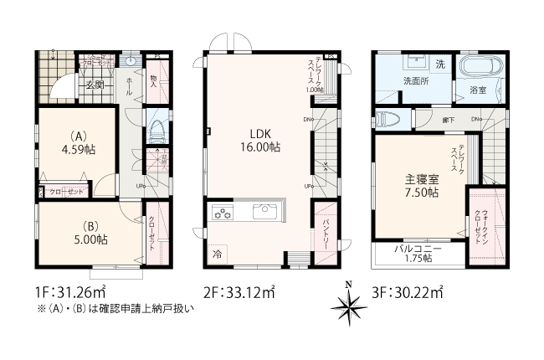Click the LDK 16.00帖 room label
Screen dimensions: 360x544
coord(262,139)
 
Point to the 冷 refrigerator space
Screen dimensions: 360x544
coord(217,254)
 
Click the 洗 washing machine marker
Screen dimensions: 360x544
coord(440,64)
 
